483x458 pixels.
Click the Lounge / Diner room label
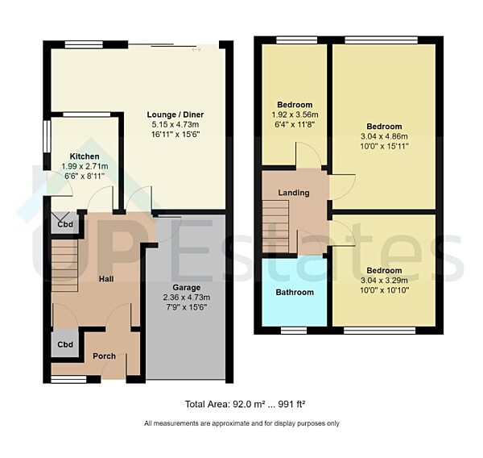pyautogui.click(x=176, y=114)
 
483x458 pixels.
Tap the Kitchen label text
pyautogui.click(x=85, y=156)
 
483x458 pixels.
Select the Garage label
pyautogui.click(x=186, y=287)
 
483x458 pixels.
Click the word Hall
pyautogui.click(x=106, y=279)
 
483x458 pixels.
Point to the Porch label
pyautogui.click(x=104, y=356)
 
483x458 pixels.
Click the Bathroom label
pyautogui.click(x=295, y=292)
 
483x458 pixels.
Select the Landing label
pyautogui.click(x=294, y=194)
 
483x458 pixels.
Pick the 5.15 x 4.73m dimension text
pyautogui.click(x=176, y=125)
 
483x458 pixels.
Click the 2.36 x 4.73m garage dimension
pyautogui.click(x=186, y=297)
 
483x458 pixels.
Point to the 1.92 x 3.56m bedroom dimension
pyautogui.click(x=295, y=115)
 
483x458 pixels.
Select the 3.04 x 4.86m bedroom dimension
pyautogui.click(x=384, y=136)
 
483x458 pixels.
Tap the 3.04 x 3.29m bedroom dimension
pyautogui.click(x=384, y=281)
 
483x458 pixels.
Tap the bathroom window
pyautogui.click(x=294, y=329)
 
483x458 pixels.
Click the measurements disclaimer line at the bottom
pyautogui.click(x=242, y=423)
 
